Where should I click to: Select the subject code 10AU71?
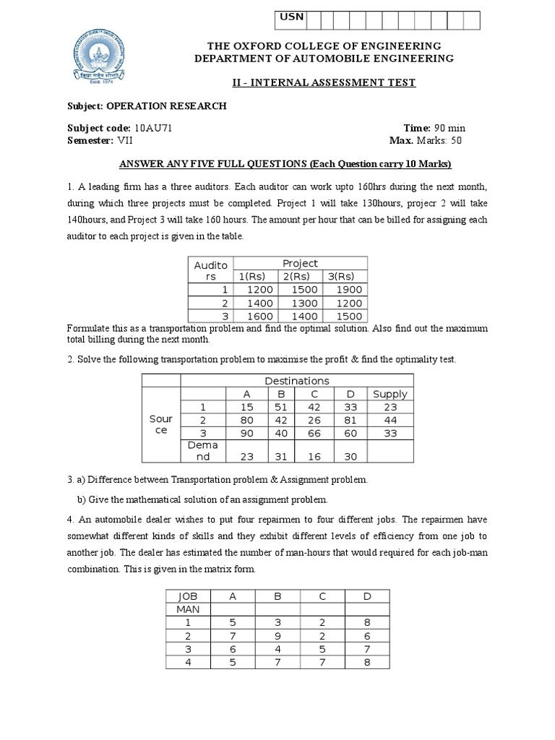click(x=153, y=128)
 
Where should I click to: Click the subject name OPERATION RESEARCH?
click(x=167, y=106)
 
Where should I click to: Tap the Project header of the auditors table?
click(x=300, y=264)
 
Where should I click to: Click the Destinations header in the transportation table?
click(x=296, y=381)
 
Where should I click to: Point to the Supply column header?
click(x=390, y=394)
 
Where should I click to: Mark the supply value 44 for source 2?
click(x=390, y=421)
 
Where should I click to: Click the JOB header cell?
click(x=186, y=596)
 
